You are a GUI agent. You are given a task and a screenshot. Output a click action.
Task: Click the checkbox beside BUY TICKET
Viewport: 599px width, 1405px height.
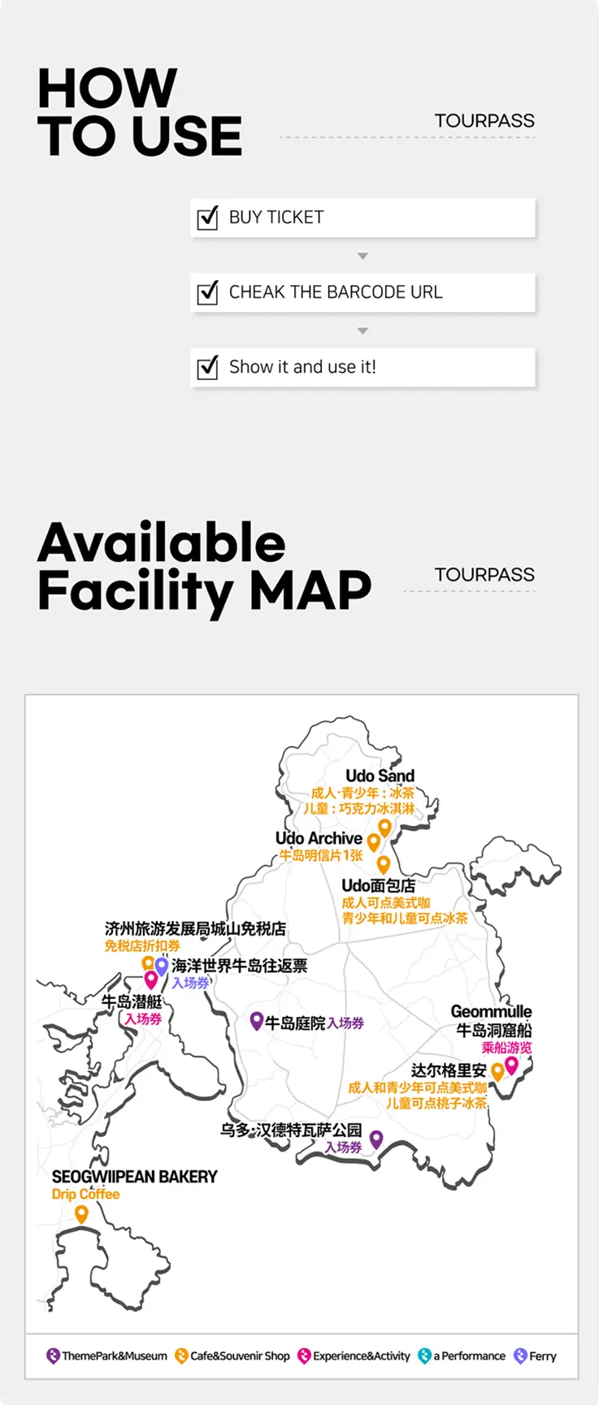tap(208, 218)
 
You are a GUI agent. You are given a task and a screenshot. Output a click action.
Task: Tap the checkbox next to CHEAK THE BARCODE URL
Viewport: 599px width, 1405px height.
tap(208, 292)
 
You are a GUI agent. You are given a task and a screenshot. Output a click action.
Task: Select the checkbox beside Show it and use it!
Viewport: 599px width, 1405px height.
tap(208, 367)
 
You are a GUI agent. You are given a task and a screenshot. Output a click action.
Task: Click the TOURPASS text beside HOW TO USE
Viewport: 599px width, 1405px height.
tap(484, 121)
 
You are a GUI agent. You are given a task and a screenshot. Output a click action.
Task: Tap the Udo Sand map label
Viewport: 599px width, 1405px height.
tap(380, 776)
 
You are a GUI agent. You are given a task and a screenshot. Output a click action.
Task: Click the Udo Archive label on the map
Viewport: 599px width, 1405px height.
tap(319, 838)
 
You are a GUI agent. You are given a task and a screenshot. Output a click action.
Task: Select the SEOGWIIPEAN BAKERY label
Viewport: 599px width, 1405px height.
tap(135, 1177)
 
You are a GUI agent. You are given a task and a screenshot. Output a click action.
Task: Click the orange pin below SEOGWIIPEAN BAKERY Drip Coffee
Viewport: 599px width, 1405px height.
tap(81, 1214)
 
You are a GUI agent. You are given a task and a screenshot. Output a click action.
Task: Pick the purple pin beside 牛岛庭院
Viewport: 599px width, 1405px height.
tap(256, 1021)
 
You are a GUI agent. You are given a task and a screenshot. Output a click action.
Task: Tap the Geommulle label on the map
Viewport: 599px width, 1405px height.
tap(491, 1011)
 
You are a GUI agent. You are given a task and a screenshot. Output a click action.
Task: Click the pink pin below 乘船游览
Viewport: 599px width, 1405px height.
tap(511, 1065)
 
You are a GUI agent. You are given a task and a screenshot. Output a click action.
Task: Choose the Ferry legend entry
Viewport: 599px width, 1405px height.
tap(536, 1355)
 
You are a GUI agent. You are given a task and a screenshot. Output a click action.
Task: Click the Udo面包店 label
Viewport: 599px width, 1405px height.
tap(378, 885)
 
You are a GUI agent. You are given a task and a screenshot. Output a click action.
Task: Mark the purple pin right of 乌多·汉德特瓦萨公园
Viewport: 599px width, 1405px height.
tap(375, 1139)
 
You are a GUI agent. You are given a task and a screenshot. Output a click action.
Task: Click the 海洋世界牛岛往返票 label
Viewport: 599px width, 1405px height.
tap(240, 966)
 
